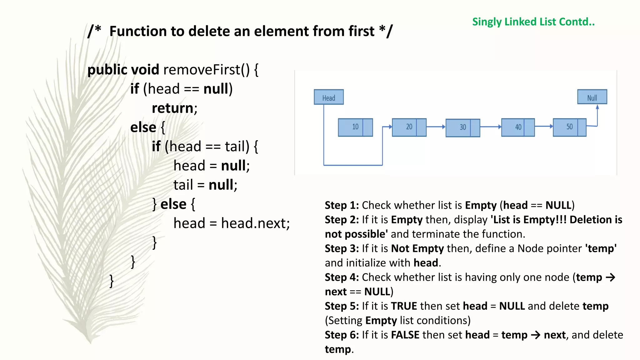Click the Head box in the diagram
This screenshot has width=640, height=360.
click(328, 97)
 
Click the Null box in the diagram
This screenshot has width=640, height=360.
click(592, 97)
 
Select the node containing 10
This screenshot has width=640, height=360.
click(355, 127)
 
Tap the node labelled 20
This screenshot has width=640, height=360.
click(409, 127)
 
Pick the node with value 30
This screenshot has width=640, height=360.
click(463, 127)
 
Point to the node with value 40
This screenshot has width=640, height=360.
click(518, 127)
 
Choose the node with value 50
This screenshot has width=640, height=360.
click(569, 127)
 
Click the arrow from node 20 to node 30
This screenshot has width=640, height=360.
click(436, 127)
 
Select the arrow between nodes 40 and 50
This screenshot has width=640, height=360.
click(544, 126)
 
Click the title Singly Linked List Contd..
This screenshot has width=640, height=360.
click(533, 22)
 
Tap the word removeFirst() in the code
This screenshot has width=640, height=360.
click(207, 69)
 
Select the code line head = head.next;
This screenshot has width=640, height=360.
click(232, 223)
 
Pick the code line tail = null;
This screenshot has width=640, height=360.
click(205, 185)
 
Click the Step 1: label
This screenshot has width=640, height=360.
click(342, 205)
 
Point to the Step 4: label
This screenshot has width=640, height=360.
click(342, 277)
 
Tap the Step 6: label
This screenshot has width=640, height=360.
click(342, 335)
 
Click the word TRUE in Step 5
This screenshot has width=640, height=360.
click(404, 306)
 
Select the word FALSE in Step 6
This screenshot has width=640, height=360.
click(405, 335)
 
